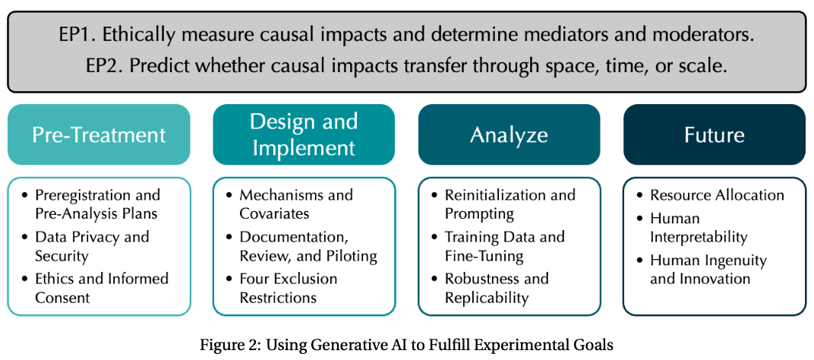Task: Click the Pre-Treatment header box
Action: [x=99, y=135]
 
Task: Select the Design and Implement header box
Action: [x=304, y=134]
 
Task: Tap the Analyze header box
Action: [x=509, y=135]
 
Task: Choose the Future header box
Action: [x=714, y=135]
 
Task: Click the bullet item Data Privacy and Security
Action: [x=91, y=246]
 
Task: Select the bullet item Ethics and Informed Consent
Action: [x=101, y=288]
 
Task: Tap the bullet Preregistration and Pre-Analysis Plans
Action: [x=97, y=204]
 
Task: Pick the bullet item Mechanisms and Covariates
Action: [x=296, y=204]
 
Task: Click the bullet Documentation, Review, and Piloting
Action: [x=308, y=246]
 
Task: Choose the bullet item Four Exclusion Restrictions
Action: [x=288, y=288]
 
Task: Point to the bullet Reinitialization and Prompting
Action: [x=510, y=204]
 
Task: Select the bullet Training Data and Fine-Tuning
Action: [x=504, y=246]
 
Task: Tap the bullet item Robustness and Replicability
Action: [x=497, y=288]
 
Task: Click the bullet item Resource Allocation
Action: [x=717, y=195]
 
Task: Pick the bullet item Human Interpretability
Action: [x=699, y=228]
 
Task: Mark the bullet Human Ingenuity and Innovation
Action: [x=708, y=270]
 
